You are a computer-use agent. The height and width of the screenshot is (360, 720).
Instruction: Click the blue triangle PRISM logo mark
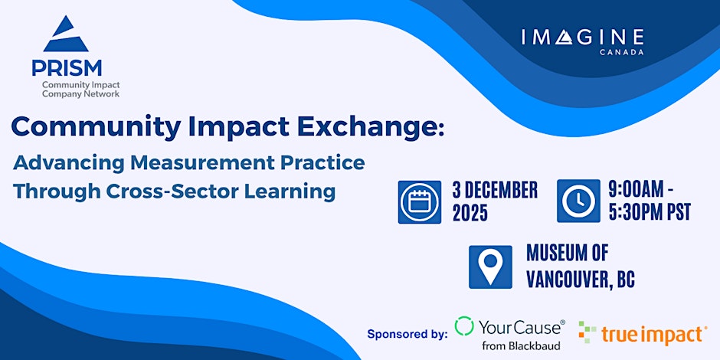(x=66, y=34)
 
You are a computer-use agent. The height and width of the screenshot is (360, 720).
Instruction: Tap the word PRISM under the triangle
(x=67, y=68)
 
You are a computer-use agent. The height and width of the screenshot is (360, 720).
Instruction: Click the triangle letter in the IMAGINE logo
(x=564, y=38)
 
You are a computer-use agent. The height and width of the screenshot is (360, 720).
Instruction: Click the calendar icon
(x=419, y=202)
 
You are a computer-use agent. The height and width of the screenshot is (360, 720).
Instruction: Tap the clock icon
(x=578, y=201)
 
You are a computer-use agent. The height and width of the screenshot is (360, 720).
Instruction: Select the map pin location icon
(x=490, y=267)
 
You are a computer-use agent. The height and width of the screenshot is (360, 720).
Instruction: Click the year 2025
(x=470, y=214)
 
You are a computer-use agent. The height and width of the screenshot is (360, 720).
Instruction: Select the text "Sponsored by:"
(x=407, y=334)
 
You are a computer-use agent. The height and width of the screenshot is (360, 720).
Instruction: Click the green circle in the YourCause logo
(x=463, y=326)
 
